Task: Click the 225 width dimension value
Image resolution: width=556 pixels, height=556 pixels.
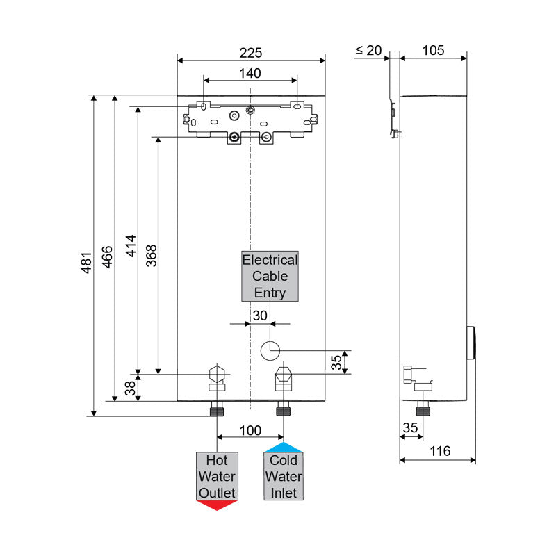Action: [251, 52]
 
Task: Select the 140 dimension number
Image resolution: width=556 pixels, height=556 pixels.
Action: [250, 73]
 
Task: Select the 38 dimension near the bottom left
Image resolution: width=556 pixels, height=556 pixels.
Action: [131, 388]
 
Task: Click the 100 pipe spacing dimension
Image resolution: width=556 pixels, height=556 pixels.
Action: [250, 431]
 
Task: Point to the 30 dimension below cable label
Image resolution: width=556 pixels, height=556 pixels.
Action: [260, 315]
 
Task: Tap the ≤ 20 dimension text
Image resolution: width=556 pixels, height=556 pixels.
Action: [369, 50]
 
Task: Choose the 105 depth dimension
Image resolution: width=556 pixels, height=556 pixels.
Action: [433, 50]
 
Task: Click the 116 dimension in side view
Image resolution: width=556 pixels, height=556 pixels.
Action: [439, 451]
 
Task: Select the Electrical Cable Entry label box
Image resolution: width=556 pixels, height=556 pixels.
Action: [270, 276]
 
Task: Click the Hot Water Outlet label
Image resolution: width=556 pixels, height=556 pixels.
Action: [217, 477]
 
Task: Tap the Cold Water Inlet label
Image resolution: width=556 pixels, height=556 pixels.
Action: [283, 477]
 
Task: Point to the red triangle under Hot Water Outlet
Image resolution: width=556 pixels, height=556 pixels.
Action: [217, 505]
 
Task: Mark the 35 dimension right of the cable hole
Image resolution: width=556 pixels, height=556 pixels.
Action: [336, 361]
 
